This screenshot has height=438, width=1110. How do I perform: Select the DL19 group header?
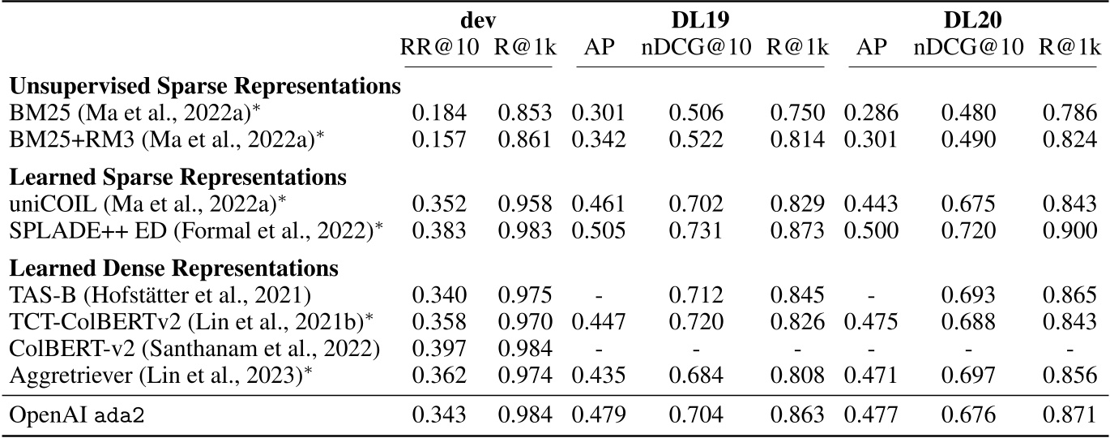coord(701,19)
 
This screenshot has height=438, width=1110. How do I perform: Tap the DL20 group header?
coord(970,19)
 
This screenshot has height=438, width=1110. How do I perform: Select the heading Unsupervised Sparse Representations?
coord(205,86)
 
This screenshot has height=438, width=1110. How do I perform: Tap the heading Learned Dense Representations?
coord(174,268)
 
